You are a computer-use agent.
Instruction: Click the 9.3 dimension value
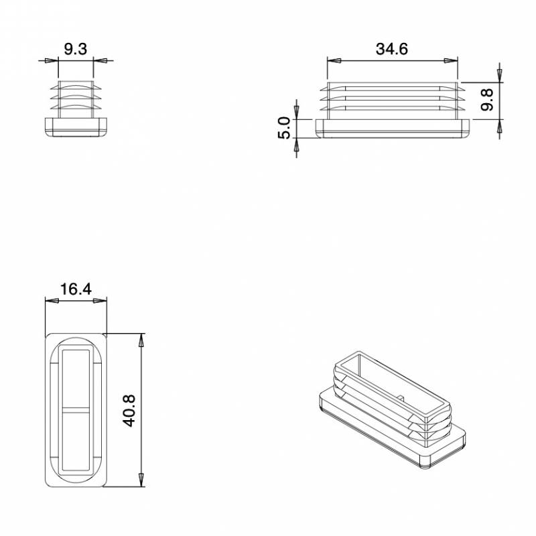(x=75, y=48)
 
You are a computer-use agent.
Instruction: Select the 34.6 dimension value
(x=392, y=49)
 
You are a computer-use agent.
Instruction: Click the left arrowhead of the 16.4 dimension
(x=51, y=301)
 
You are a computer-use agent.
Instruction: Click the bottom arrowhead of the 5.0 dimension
(x=296, y=146)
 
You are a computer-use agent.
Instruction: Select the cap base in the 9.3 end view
(x=76, y=126)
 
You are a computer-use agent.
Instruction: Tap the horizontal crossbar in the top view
(x=76, y=409)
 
